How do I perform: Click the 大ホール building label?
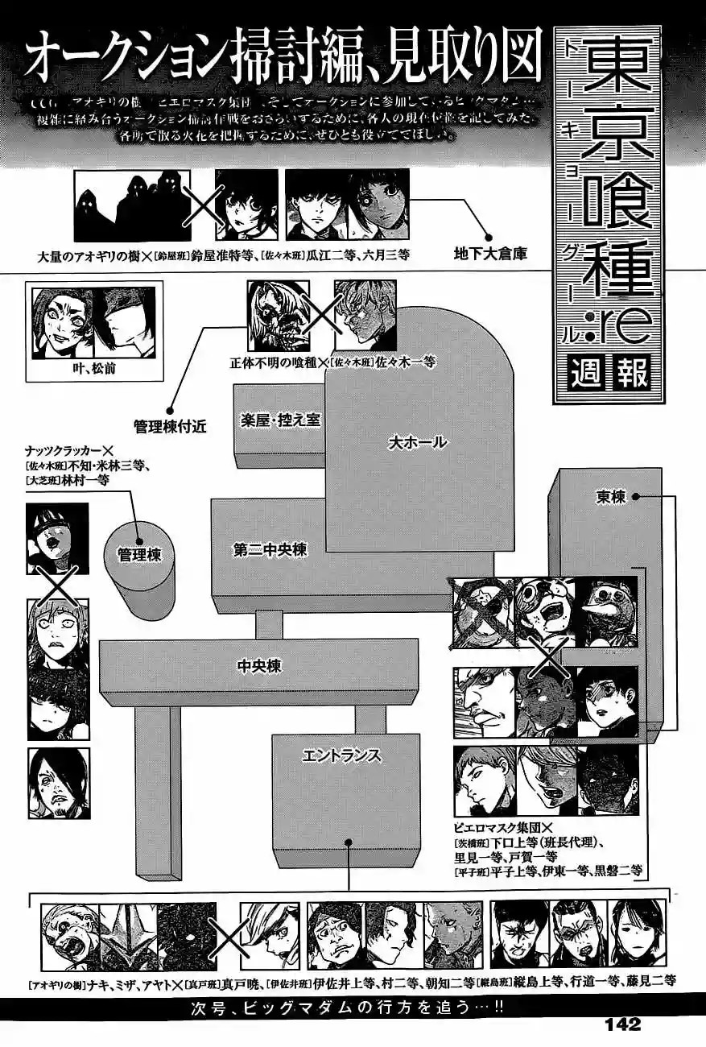[x=417, y=441]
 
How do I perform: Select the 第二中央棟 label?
[x=270, y=551]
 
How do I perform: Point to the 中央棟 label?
[x=258, y=666]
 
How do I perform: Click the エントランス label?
[x=341, y=755]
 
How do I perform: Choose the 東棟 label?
[x=612, y=497]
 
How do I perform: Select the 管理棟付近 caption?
[x=170, y=427]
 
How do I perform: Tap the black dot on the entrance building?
[x=349, y=842]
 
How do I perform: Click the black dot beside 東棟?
[x=636, y=497]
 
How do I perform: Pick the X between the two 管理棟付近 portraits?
[x=321, y=316]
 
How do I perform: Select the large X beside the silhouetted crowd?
[x=203, y=205]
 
